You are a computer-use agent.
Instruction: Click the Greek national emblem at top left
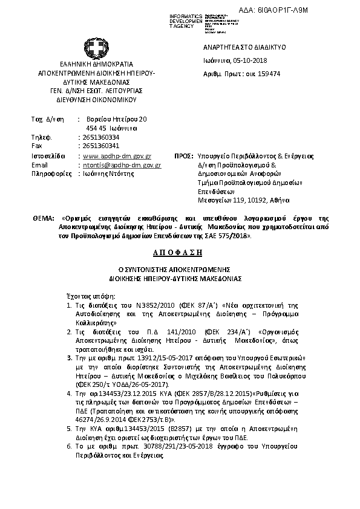tap(96, 48)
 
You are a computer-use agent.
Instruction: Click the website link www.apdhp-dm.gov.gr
tap(117, 155)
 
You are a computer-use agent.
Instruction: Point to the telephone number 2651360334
tap(100, 138)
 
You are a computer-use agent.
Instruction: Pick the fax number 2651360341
tap(100, 146)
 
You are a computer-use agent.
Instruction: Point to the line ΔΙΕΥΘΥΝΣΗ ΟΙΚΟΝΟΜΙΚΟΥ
tap(97, 99)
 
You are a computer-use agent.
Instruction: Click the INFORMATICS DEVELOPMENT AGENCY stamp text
tap(186, 21)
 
